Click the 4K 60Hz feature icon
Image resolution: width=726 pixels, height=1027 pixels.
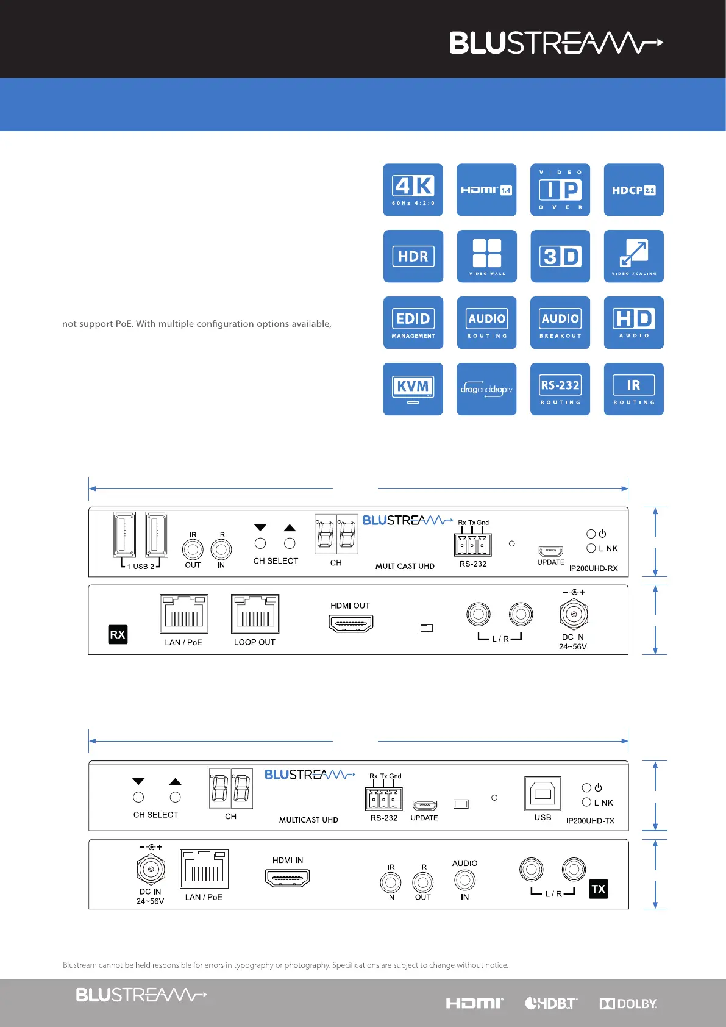coord(413,190)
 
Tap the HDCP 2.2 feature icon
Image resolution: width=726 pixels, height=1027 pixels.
coord(633,190)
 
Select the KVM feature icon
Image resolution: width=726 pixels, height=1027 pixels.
coord(413,389)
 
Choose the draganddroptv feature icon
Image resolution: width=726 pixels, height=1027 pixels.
coord(486,389)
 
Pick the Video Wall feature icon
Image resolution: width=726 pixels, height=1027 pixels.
coord(486,256)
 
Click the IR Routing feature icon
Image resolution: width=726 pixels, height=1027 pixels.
coord(633,389)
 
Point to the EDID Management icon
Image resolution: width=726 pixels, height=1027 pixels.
coord(413,323)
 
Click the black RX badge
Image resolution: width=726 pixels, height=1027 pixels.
coord(118,634)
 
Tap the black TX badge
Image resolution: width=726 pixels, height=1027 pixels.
coord(599,889)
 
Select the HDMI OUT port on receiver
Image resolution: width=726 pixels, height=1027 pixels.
coord(351,623)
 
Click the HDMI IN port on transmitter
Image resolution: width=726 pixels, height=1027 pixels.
coord(288,878)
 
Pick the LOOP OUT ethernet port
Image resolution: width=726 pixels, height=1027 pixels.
coord(255,614)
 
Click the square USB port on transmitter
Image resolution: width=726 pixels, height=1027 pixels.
coord(543,794)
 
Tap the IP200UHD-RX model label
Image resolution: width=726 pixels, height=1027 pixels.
coord(593,568)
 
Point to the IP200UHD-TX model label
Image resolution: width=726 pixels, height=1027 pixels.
coord(590,821)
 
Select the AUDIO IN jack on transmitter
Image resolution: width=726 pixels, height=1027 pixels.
coord(464,880)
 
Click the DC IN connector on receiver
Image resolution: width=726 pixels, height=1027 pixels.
coord(573,614)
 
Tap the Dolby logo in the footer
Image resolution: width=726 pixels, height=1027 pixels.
coord(628,1004)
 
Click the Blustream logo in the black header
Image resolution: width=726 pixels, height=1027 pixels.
coord(556,43)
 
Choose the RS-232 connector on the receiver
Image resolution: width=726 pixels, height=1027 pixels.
coord(472,545)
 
